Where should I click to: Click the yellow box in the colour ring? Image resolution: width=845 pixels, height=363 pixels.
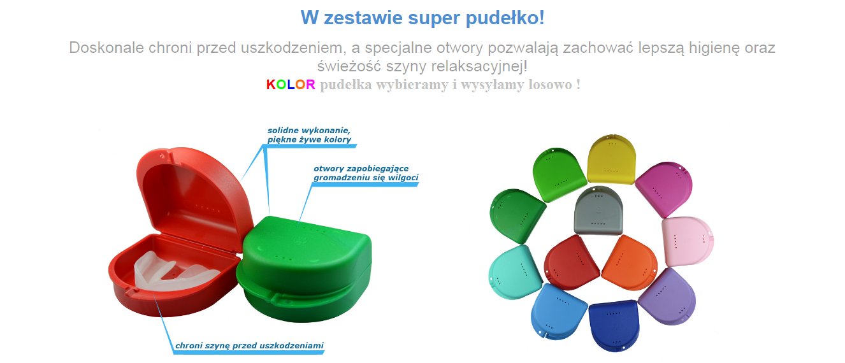pos(611,160)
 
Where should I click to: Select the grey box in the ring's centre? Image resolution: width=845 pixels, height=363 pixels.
pos(598,210)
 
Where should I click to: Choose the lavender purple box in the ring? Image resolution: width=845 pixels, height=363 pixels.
pos(668,296)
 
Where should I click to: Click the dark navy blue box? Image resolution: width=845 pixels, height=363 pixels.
pos(614,325)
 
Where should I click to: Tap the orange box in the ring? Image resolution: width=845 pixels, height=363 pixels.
pos(629,263)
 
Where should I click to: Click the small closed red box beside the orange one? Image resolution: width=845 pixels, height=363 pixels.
pos(571,262)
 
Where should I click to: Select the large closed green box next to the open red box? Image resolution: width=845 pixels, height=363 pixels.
pos(304,268)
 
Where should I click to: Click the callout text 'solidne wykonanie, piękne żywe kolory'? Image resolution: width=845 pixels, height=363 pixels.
pos(309,135)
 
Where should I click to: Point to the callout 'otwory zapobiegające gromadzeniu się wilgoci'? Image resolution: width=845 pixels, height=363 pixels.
pos(366,173)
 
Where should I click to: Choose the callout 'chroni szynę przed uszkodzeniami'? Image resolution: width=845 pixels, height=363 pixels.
pos(249,346)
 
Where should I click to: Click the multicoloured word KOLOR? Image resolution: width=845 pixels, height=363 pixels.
pos(291,85)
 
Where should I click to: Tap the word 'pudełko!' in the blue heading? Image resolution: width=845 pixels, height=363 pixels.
pos(505,18)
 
